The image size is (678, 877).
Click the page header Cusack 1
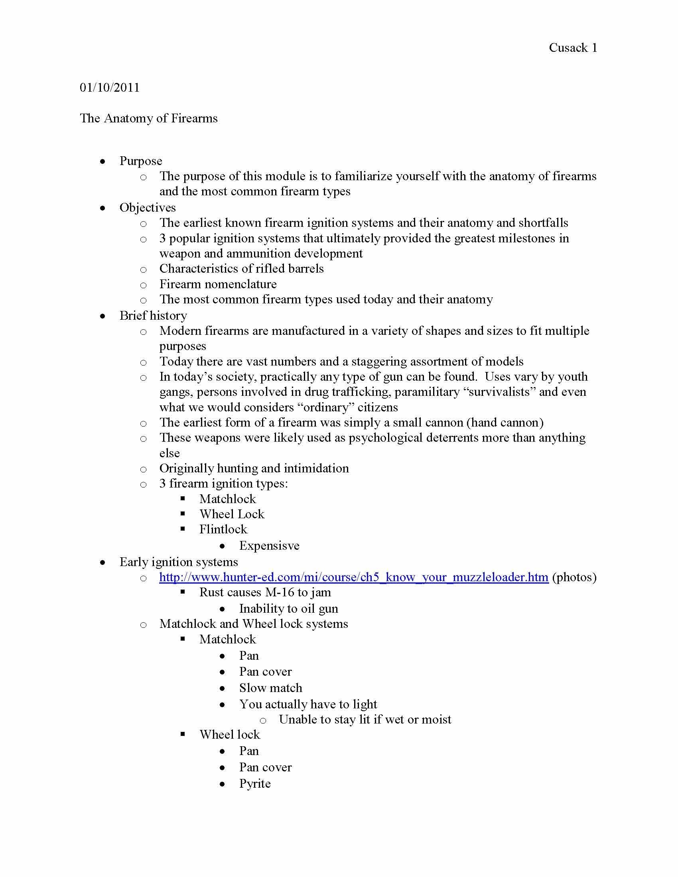(572, 48)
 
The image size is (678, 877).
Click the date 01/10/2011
(110, 88)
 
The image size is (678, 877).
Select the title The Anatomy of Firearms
(149, 118)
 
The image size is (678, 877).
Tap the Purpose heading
(140, 161)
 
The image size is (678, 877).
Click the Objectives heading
(148, 208)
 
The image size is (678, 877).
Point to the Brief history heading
(153, 316)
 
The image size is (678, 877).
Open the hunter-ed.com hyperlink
(353, 577)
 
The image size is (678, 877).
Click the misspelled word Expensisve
(269, 546)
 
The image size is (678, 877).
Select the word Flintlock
(223, 529)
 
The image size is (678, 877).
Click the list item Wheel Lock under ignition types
(232, 514)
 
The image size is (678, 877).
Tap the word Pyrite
(255, 783)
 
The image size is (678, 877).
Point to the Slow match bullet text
(270, 688)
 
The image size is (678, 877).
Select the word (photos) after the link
(574, 577)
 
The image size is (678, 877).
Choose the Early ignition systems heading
(178, 562)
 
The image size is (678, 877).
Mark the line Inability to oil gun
(288, 609)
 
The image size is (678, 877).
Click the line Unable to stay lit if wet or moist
(365, 719)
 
